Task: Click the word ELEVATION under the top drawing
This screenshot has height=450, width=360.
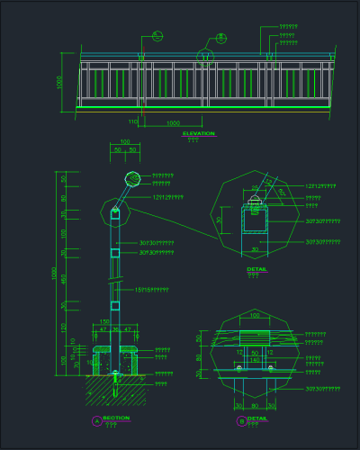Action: (199, 133)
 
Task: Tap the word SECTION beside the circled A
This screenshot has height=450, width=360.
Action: (116, 418)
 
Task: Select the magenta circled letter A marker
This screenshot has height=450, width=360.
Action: (96, 420)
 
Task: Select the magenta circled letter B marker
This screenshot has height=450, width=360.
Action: (240, 420)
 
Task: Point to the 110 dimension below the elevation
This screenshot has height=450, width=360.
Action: (132, 121)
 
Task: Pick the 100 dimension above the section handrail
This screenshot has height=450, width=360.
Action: (124, 142)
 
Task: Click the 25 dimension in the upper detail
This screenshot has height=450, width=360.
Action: (254, 188)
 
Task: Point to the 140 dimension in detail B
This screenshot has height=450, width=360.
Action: (256, 360)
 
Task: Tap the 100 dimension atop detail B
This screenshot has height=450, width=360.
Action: (254, 316)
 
